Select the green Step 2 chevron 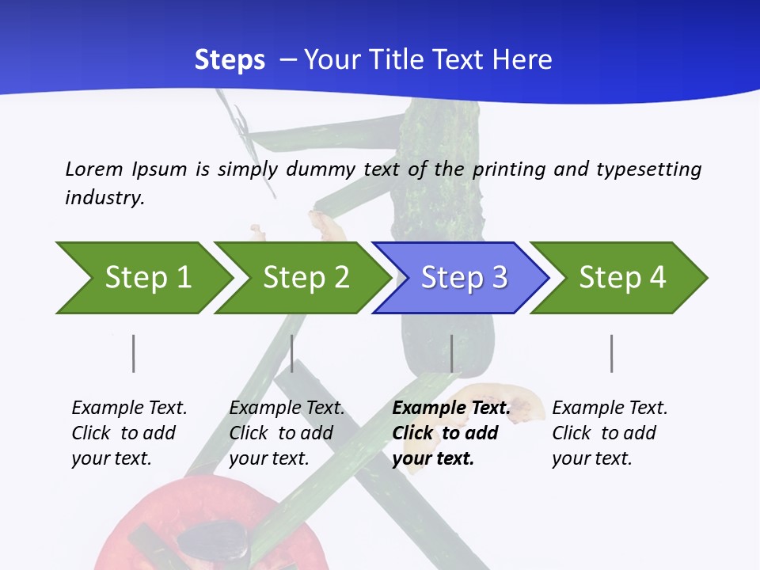pos(306,278)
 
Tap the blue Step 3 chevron pos(464,278)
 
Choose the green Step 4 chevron pos(622,278)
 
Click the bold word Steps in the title pos(230,60)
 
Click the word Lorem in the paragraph pos(94,169)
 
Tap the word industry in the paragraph pos(104,198)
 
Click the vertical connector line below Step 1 pos(134,353)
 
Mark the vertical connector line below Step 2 pos(292,353)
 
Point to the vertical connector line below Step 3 pos(452,353)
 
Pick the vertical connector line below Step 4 pos(611,353)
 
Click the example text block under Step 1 pos(129,433)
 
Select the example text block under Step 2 pos(287,433)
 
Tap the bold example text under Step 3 pos(451,433)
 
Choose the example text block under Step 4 pos(610,433)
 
